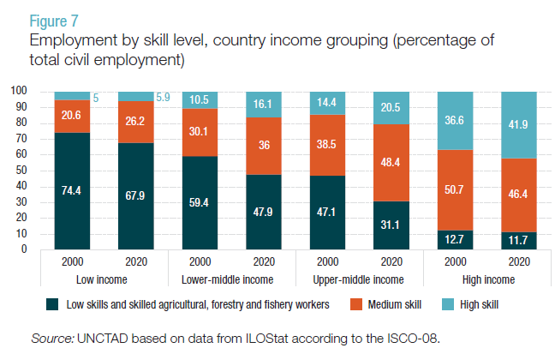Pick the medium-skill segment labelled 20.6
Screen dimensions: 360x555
[72, 116]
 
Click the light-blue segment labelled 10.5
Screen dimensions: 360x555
[200, 99]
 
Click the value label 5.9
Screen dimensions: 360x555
[164, 98]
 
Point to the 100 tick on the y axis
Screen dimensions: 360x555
[19, 91]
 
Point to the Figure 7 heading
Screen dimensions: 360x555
[56, 21]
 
